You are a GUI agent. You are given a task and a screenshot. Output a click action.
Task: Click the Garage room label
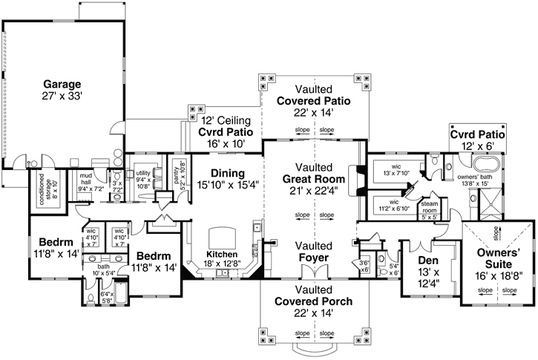click(61, 84)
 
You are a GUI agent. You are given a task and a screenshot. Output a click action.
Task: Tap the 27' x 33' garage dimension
click(61, 96)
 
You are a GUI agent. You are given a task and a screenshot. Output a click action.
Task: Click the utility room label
click(144, 172)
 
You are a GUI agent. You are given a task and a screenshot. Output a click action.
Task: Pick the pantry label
click(178, 172)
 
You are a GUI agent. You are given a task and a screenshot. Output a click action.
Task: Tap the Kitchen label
click(222, 254)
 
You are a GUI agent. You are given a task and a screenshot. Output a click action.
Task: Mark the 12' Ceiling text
click(226, 120)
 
